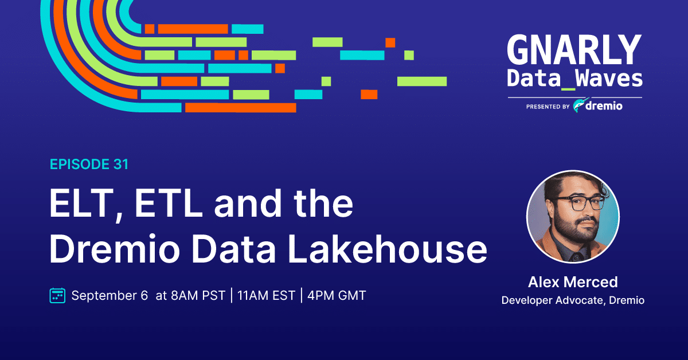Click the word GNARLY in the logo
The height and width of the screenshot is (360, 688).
pyautogui.click(x=574, y=50)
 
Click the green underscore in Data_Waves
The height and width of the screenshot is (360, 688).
pyautogui.click(x=568, y=89)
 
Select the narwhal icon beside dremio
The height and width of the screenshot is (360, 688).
pyautogui.click(x=580, y=105)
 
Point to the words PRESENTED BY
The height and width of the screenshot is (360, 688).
pyautogui.click(x=548, y=107)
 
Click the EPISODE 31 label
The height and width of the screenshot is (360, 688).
pyautogui.click(x=89, y=165)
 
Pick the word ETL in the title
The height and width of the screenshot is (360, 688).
pyautogui.click(x=169, y=203)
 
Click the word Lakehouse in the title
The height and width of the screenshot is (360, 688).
pyautogui.click(x=387, y=248)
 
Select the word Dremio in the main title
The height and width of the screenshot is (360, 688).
pyautogui.click(x=115, y=249)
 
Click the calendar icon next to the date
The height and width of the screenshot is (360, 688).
pyautogui.click(x=57, y=295)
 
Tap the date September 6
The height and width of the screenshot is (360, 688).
pyautogui.click(x=110, y=296)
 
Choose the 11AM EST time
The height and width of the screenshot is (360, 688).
pyautogui.click(x=266, y=295)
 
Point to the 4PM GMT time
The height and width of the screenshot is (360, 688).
pyautogui.click(x=337, y=295)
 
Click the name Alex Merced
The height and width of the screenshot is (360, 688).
pyautogui.click(x=573, y=282)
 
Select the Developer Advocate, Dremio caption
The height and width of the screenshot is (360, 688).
pyautogui.click(x=573, y=300)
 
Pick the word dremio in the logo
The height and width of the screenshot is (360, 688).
pyautogui.click(x=604, y=106)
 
